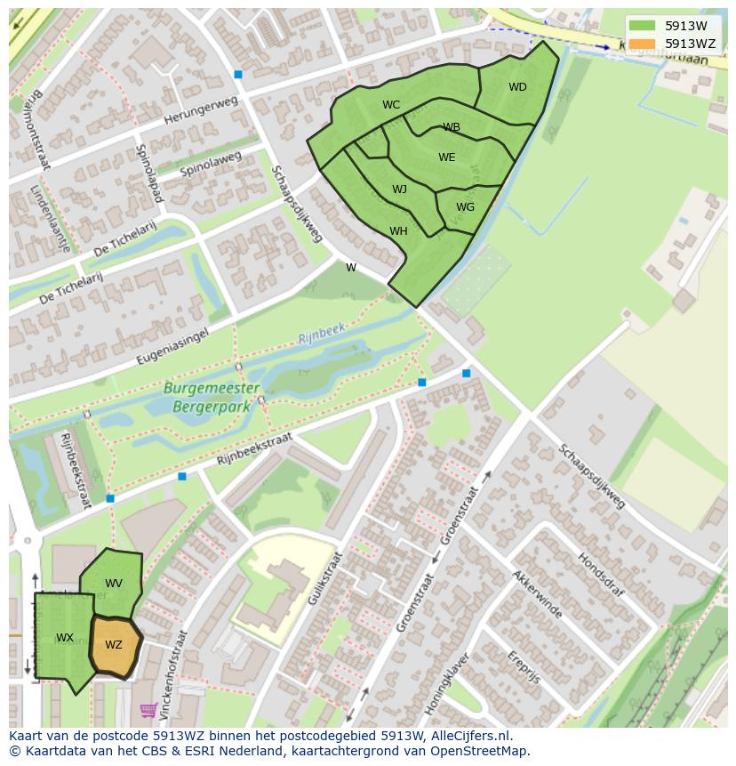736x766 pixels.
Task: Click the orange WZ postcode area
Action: tap(115, 646)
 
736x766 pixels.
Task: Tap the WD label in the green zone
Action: tap(517, 87)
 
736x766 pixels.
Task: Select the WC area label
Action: tap(391, 105)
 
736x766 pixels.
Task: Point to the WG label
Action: tap(465, 207)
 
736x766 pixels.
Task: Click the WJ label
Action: tap(399, 189)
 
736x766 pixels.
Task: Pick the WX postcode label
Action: tap(65, 638)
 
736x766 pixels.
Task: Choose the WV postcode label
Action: tap(114, 584)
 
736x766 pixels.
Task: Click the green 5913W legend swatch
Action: tap(641, 26)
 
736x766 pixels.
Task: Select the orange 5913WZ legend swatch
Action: tap(641, 44)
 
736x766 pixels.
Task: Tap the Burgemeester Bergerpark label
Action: tap(212, 396)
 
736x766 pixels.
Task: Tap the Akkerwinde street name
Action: tap(537, 595)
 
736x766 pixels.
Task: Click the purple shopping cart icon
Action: tap(148, 710)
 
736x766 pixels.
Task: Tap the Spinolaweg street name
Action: tap(211, 163)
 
